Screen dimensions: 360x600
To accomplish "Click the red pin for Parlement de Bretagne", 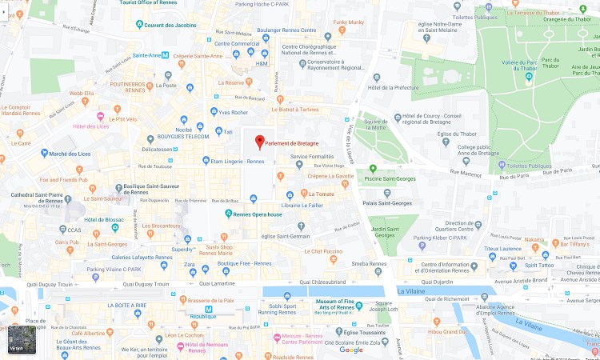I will coord(259,142).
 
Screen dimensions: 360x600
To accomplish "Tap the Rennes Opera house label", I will coord(258,214).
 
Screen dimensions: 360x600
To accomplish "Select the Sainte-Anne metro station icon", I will coord(165,55).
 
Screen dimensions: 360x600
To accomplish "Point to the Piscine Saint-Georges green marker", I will coord(372,168).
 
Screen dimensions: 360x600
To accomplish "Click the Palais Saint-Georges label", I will coord(387,203).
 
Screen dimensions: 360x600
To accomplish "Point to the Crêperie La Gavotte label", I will coord(330,175).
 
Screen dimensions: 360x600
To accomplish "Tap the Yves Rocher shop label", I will coord(234,112).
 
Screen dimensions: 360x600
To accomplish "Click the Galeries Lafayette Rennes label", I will coord(141,257).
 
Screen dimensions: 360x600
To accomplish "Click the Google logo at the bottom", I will coord(350,350).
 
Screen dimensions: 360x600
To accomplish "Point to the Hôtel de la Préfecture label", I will coord(393,87).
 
